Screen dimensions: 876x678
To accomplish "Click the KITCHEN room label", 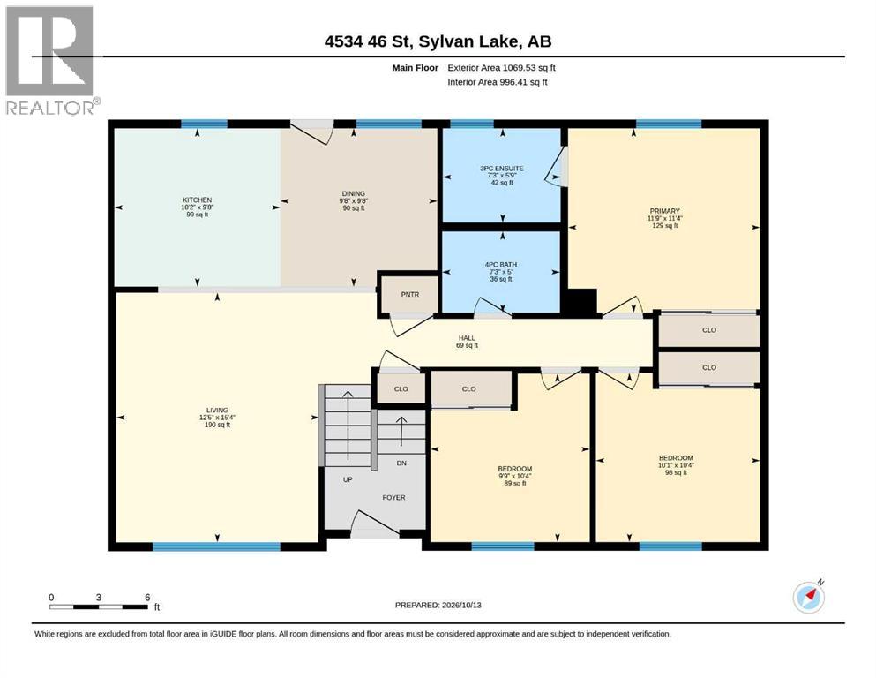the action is [198, 200].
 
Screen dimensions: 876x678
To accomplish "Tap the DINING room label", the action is [354, 194].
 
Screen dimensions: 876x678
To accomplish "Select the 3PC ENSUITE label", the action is [502, 169].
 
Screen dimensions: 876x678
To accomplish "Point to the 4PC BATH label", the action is [501, 265].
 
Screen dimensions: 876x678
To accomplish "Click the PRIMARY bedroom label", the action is [665, 211].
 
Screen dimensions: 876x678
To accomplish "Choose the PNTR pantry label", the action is [410, 295].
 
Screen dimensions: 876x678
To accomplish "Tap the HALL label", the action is [467, 338].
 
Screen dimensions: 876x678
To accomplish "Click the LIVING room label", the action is [217, 411].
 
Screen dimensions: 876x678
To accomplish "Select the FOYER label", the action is [393, 497].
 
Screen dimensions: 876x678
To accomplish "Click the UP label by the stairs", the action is [348, 480].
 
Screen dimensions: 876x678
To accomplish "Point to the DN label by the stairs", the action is [401, 463].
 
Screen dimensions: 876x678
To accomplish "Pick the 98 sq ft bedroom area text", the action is [676, 473].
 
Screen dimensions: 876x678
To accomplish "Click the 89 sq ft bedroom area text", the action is [515, 484].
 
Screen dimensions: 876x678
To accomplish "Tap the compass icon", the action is [809, 597].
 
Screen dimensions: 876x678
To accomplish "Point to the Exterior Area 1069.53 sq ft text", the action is [502, 68].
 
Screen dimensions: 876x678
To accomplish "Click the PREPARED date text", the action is [438, 605].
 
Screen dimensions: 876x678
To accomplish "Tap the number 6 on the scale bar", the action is [147, 598].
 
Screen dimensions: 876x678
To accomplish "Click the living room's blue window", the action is [217, 546].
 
